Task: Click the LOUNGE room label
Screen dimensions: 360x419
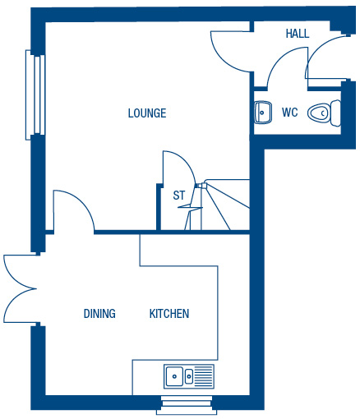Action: [147, 113]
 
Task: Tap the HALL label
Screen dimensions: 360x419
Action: [298, 34]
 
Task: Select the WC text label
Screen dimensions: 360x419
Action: [290, 113]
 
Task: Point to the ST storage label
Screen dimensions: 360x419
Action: [179, 196]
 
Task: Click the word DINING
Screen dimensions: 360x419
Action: [99, 314]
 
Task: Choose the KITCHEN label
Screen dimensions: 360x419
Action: [169, 314]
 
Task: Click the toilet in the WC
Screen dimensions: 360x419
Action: [324, 113]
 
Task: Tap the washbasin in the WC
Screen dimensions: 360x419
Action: [263, 113]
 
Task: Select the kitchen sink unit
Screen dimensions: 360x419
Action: [189, 376]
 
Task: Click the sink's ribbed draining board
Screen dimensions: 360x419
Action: [204, 376]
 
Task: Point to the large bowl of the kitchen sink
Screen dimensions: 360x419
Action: [174, 376]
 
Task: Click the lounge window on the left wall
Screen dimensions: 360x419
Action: [35, 95]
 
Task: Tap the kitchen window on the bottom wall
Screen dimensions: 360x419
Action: [187, 405]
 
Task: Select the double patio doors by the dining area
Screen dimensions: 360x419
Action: [21, 288]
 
